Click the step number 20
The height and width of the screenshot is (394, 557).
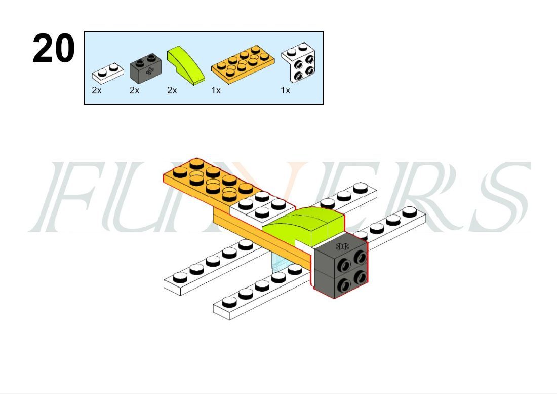[x=53, y=48]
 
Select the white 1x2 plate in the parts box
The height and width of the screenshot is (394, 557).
[x=108, y=73]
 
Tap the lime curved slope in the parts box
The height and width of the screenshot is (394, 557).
[x=186, y=65]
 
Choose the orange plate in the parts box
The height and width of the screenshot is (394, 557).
[x=243, y=64]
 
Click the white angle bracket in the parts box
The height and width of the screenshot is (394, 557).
[x=299, y=62]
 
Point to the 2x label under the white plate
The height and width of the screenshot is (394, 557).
[x=97, y=91]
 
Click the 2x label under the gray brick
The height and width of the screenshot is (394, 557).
[x=134, y=91]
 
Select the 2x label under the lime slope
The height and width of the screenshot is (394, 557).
[x=172, y=91]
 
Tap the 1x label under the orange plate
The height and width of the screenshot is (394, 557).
[x=216, y=91]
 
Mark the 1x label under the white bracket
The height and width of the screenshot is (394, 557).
[x=286, y=91]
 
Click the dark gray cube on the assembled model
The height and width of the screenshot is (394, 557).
[x=340, y=265]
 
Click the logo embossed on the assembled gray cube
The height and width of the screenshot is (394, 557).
[x=342, y=246]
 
